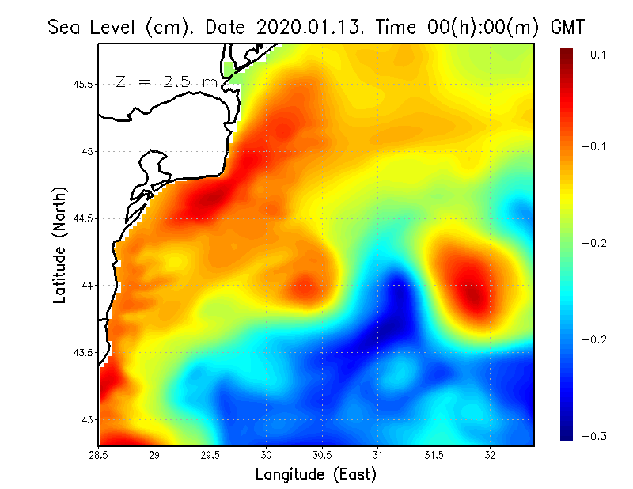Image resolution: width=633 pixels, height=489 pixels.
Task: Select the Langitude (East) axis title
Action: (316, 474)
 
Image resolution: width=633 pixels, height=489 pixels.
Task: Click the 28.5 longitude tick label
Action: (99, 455)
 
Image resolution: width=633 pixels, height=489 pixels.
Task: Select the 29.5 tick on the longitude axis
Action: (210, 455)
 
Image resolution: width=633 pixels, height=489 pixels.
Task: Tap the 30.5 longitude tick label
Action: (322, 455)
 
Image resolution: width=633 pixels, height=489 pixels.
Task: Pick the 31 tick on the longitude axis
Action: (378, 455)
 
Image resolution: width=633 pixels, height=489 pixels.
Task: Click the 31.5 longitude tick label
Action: (434, 455)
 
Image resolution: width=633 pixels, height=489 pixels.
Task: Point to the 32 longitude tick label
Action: (490, 455)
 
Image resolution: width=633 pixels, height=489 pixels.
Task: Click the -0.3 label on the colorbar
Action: (593, 436)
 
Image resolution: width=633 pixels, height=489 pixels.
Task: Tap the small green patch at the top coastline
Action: (230, 69)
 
